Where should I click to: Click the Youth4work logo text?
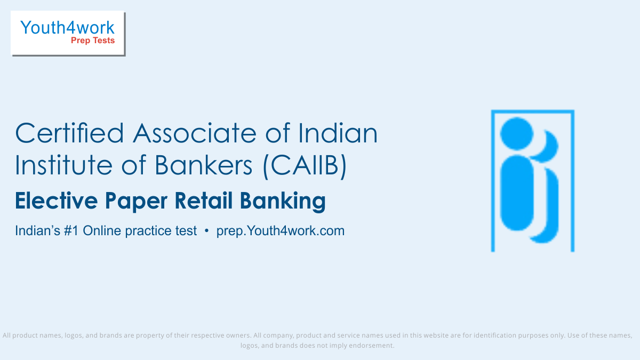(67, 28)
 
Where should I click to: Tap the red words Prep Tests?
(93, 41)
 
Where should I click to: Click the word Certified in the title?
(69, 133)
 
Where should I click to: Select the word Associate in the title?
(195, 133)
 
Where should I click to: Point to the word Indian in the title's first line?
(338, 133)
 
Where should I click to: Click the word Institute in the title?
(63, 165)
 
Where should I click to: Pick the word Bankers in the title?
(204, 165)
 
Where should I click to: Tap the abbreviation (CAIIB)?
(305, 166)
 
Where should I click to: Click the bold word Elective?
(57, 201)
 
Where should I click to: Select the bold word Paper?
(136, 202)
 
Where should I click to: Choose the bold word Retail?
(203, 201)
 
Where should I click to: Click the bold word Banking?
(283, 202)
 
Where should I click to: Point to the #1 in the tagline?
(71, 231)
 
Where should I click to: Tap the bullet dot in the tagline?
(207, 231)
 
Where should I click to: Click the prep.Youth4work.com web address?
(281, 231)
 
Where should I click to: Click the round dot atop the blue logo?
(517, 133)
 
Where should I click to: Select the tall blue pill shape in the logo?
(517, 193)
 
